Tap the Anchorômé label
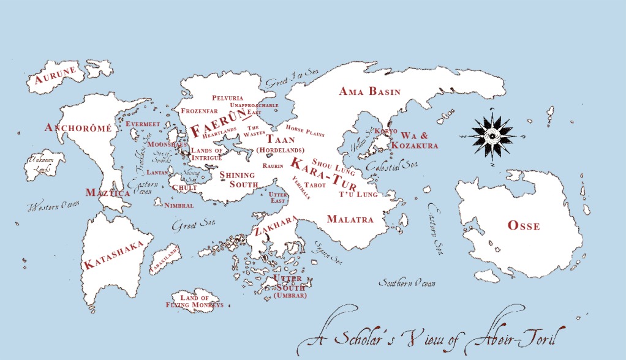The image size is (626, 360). coord(78,128)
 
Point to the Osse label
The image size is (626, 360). coord(524,226)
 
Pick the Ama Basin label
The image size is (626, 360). coord(369,92)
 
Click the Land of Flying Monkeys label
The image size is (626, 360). coord(194,301)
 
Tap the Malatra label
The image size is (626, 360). coord(350,219)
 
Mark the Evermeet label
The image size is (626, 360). coord(143,124)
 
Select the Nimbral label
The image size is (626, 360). coord(179,206)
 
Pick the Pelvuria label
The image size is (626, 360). coord(227,98)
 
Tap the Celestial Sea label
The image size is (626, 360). coord(383,165)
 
